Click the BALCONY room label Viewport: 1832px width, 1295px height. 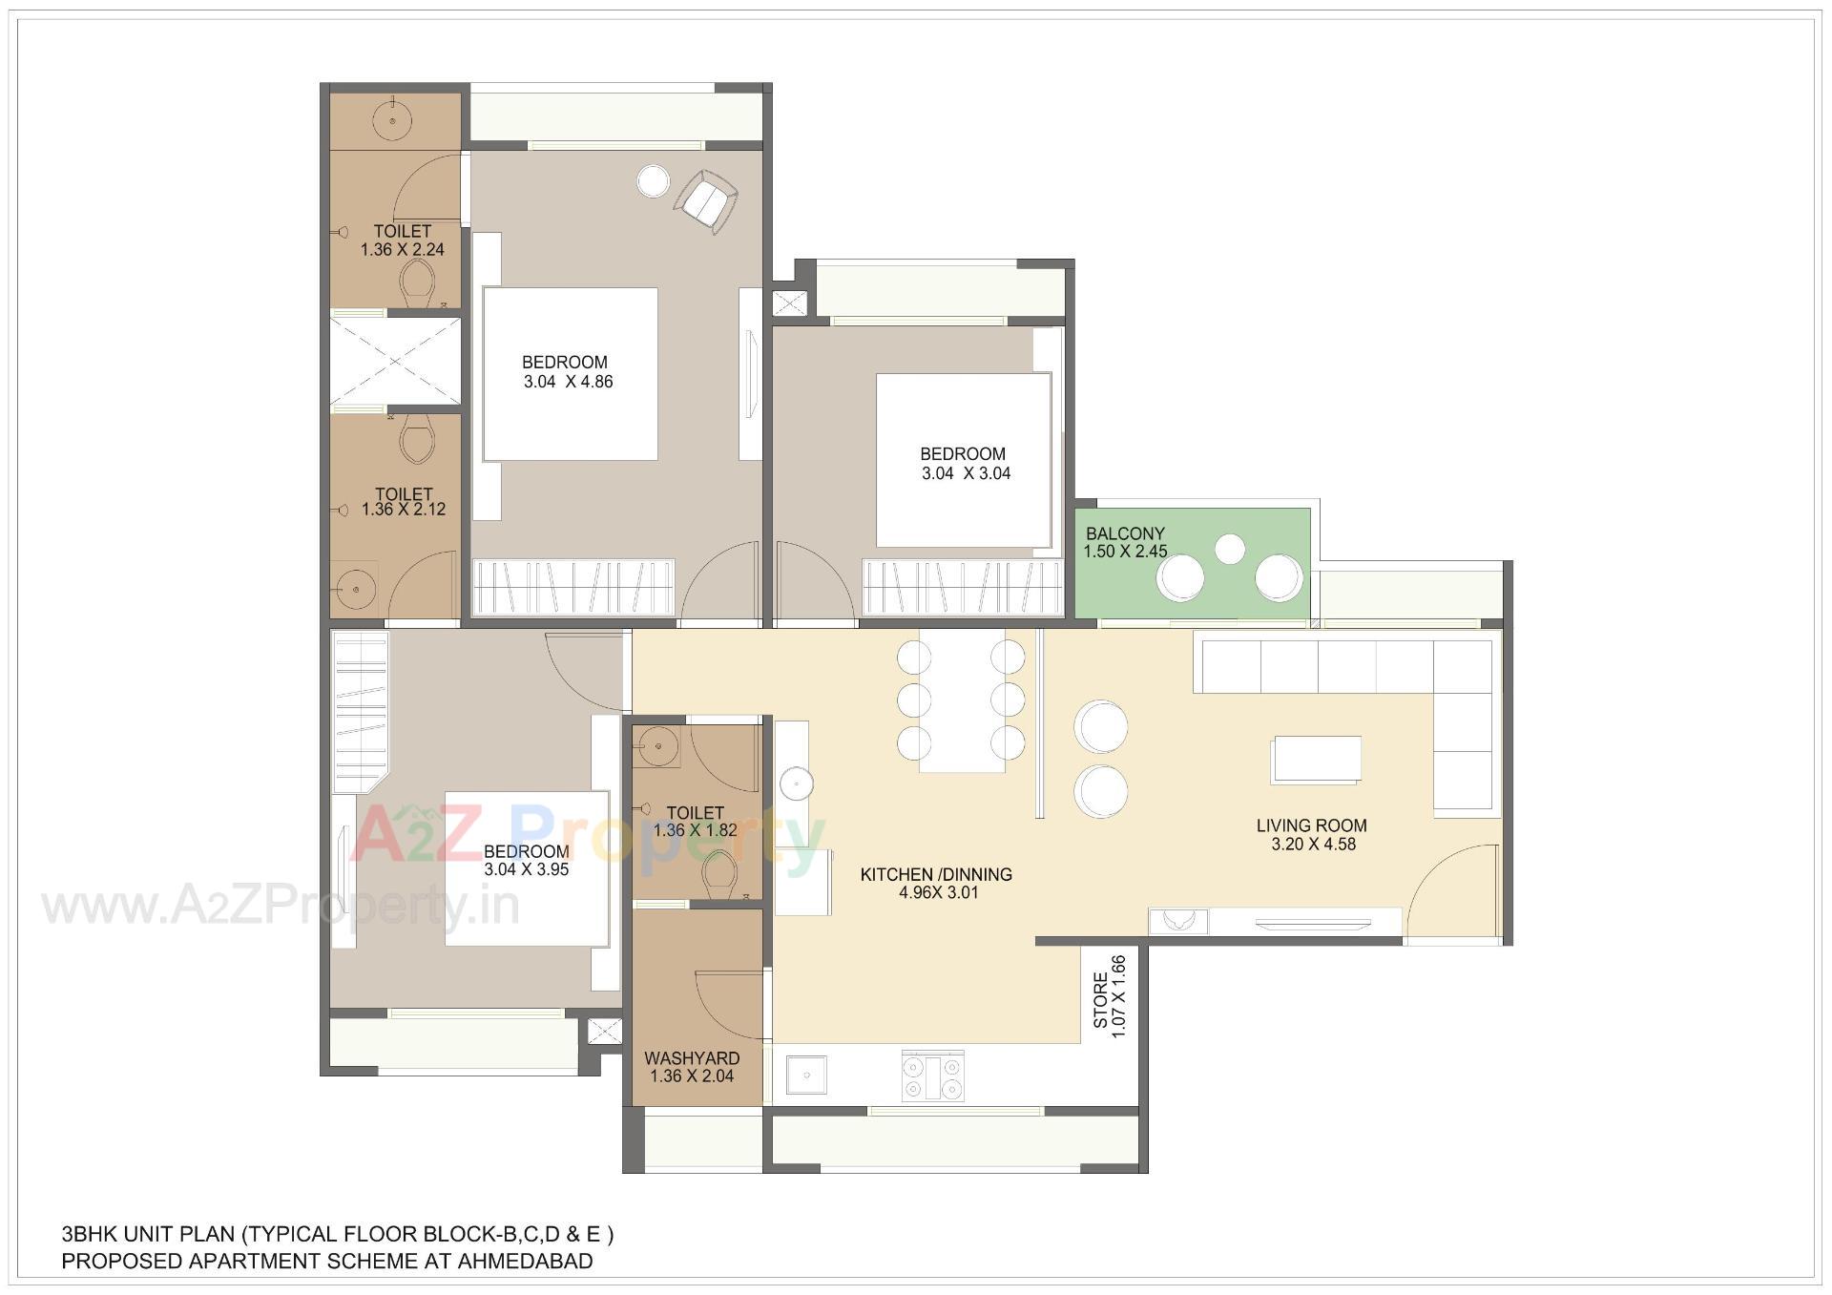[1125, 533]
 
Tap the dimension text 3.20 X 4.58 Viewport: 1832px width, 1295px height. [1313, 845]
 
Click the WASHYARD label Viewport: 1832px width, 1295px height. [692, 1058]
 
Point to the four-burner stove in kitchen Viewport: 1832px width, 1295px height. [932, 1076]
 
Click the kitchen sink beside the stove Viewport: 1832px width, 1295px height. [806, 1076]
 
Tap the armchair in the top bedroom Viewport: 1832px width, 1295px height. [706, 200]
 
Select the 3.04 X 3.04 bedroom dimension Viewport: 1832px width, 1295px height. [966, 473]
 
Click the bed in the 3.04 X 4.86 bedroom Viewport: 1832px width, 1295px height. [570, 374]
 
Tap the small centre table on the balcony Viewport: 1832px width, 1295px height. [1230, 549]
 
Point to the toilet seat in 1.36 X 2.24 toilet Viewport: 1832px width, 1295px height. [417, 282]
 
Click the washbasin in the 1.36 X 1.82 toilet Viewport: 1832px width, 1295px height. [657, 745]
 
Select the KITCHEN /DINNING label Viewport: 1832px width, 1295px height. [936, 874]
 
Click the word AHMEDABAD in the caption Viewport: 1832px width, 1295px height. [525, 1262]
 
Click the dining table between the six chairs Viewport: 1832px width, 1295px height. [962, 701]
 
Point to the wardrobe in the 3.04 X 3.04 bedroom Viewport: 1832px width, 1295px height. [962, 587]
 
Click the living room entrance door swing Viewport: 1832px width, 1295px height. [1450, 892]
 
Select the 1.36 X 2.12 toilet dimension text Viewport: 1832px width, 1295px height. [403, 510]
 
